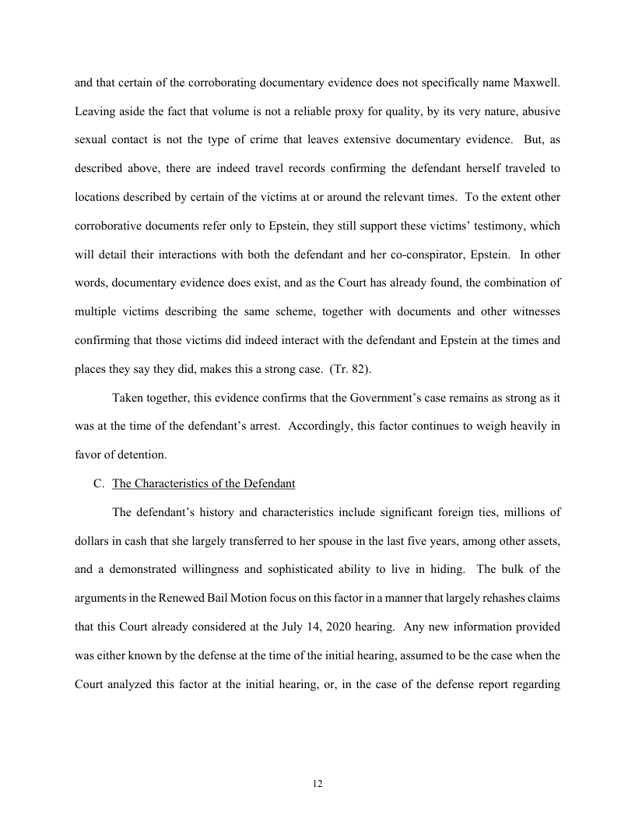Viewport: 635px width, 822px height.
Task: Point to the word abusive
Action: pyautogui.click(x=539, y=111)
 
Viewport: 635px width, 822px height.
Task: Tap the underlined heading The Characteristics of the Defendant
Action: pyautogui.click(x=204, y=483)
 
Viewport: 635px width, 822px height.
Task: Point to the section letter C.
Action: pyautogui.click(x=98, y=483)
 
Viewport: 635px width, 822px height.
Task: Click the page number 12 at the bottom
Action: pyautogui.click(x=317, y=783)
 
